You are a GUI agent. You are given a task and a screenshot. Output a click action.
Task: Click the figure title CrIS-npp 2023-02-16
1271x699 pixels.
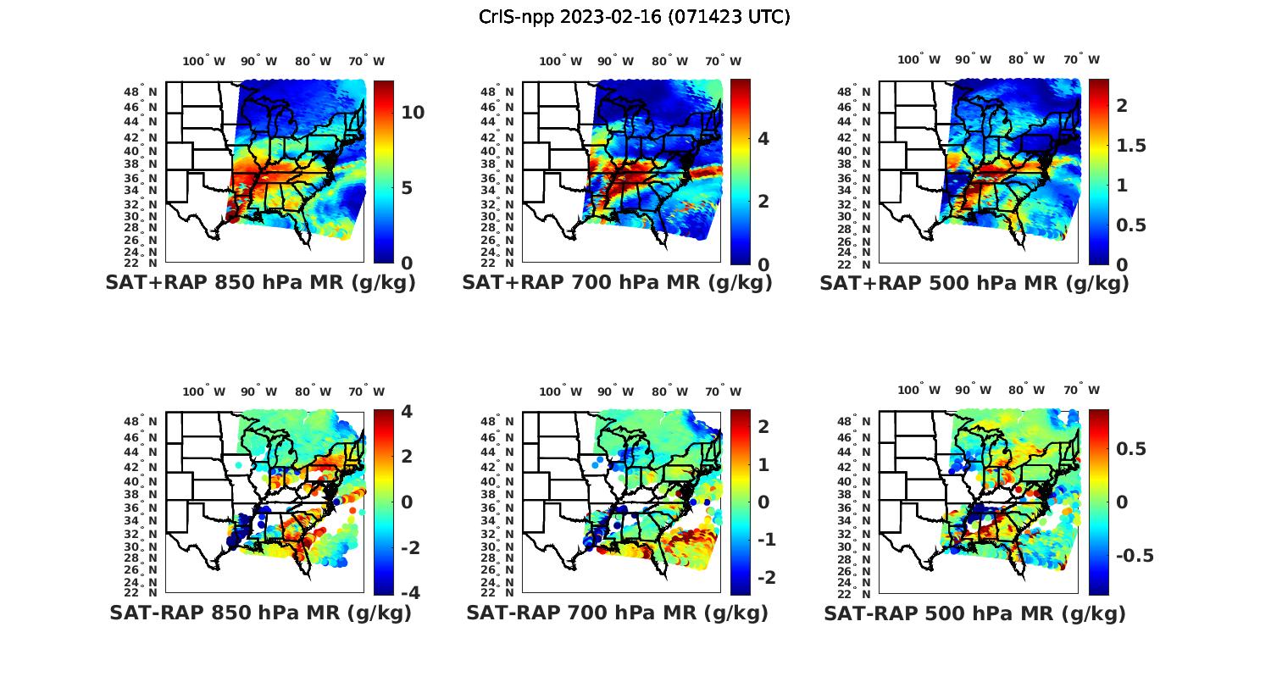click(x=634, y=17)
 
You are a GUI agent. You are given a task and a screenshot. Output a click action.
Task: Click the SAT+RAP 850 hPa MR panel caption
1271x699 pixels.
click(x=260, y=283)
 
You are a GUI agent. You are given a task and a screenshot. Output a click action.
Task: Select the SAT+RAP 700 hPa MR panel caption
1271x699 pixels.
click(x=617, y=283)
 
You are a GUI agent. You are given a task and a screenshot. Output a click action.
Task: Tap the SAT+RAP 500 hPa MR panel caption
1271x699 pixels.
click(x=974, y=283)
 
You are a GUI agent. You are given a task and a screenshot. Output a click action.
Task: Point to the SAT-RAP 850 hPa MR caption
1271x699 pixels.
click(x=260, y=613)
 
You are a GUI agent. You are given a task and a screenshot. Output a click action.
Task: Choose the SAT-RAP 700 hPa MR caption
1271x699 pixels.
click(x=617, y=613)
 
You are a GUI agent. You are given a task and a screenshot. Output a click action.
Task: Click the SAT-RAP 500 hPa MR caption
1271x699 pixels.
click(x=974, y=613)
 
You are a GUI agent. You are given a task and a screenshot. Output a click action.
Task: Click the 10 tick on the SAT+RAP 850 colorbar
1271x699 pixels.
click(x=413, y=113)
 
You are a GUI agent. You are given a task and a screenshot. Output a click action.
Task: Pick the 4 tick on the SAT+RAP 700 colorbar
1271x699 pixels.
click(x=763, y=138)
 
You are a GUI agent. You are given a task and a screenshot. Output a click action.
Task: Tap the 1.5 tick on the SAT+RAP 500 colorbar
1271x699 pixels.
click(x=1131, y=145)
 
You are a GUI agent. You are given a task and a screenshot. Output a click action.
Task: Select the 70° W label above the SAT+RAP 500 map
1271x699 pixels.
click(x=1081, y=59)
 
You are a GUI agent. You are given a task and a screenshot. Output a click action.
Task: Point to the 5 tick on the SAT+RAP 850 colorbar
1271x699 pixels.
click(x=408, y=187)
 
